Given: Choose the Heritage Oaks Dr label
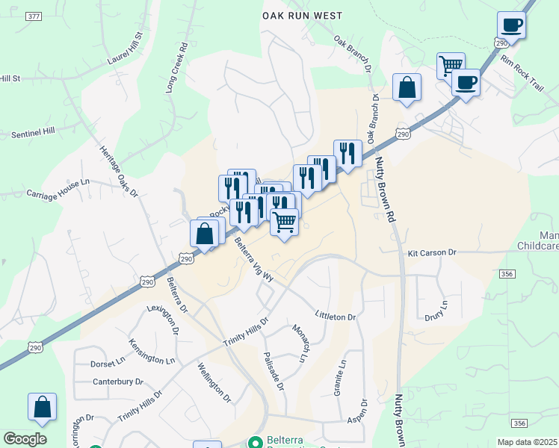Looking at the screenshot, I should [120, 172].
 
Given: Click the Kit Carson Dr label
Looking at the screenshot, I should [432, 253].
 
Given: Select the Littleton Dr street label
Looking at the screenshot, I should [336, 317].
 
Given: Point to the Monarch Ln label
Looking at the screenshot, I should [300, 343].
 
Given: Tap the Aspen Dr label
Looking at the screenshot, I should [358, 414].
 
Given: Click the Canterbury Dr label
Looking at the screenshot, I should [117, 382].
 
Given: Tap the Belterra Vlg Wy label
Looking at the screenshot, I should [254, 258].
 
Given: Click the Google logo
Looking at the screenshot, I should [25, 439].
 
